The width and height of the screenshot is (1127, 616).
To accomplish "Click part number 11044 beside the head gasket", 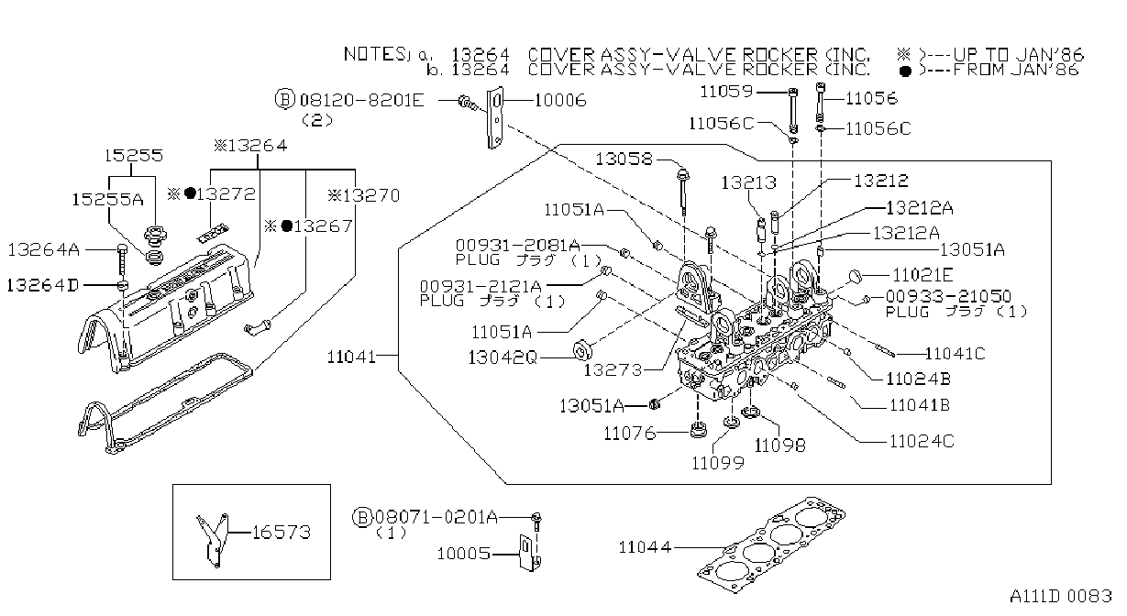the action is pyautogui.click(x=645, y=546).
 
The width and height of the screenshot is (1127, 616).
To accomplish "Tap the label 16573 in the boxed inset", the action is pyautogui.click(x=281, y=532).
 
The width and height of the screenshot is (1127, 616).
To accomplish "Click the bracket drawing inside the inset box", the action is pyautogui.click(x=213, y=540).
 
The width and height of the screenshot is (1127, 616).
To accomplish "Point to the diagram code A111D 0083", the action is pyautogui.click(x=1061, y=596).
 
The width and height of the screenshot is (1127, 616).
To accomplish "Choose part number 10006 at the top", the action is pyautogui.click(x=560, y=101).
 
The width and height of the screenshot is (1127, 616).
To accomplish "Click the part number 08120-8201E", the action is pyautogui.click(x=361, y=101).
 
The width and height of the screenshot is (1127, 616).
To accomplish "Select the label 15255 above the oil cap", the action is pyautogui.click(x=133, y=156).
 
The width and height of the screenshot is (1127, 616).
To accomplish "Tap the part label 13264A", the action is pyautogui.click(x=44, y=249).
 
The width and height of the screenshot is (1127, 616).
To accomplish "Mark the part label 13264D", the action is pyautogui.click(x=43, y=286).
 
